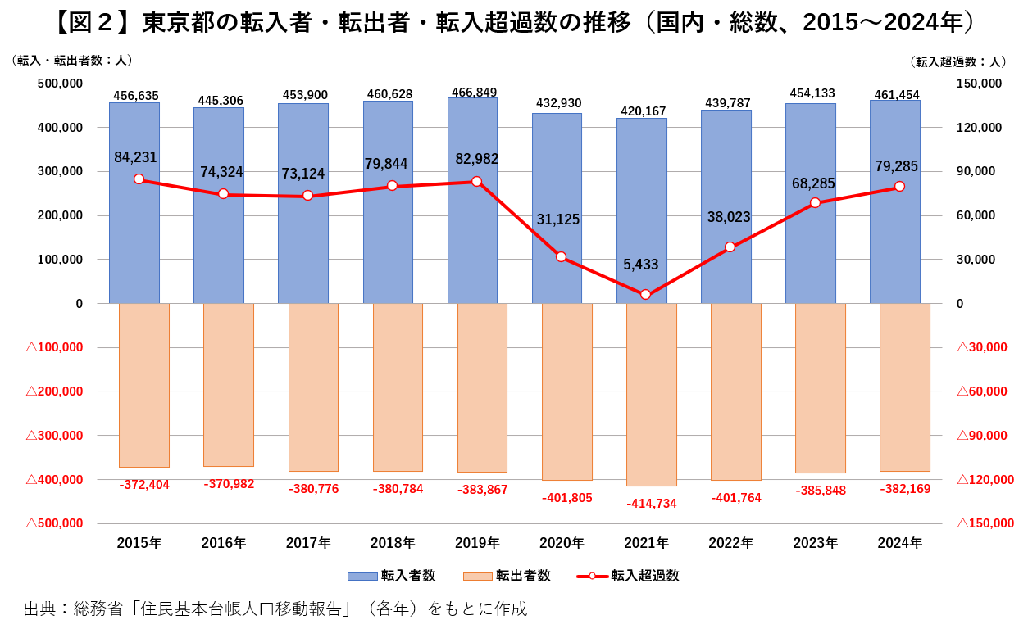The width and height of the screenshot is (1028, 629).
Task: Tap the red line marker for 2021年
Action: pyautogui.click(x=645, y=294)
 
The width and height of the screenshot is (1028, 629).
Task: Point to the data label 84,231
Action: pyautogui.click(x=135, y=157)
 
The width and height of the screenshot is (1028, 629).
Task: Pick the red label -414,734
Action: pyautogui.click(x=652, y=503)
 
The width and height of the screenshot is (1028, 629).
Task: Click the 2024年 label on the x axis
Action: pyautogui.click(x=899, y=542)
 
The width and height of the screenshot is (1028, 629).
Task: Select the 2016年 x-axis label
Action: pyautogui.click(x=223, y=542)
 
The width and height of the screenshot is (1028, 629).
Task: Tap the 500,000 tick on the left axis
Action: pyautogui.click(x=61, y=84)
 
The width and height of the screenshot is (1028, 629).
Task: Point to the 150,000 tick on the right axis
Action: pyautogui.click(x=980, y=84)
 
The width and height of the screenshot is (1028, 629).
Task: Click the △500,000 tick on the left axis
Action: pyautogui.click(x=55, y=523)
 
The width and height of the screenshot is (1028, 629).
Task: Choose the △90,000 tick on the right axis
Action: pyautogui.click(x=982, y=435)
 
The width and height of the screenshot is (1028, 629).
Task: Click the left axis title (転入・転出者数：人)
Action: pyautogui.click(x=72, y=61)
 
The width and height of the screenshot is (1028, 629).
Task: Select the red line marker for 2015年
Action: pyautogui.click(x=139, y=179)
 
